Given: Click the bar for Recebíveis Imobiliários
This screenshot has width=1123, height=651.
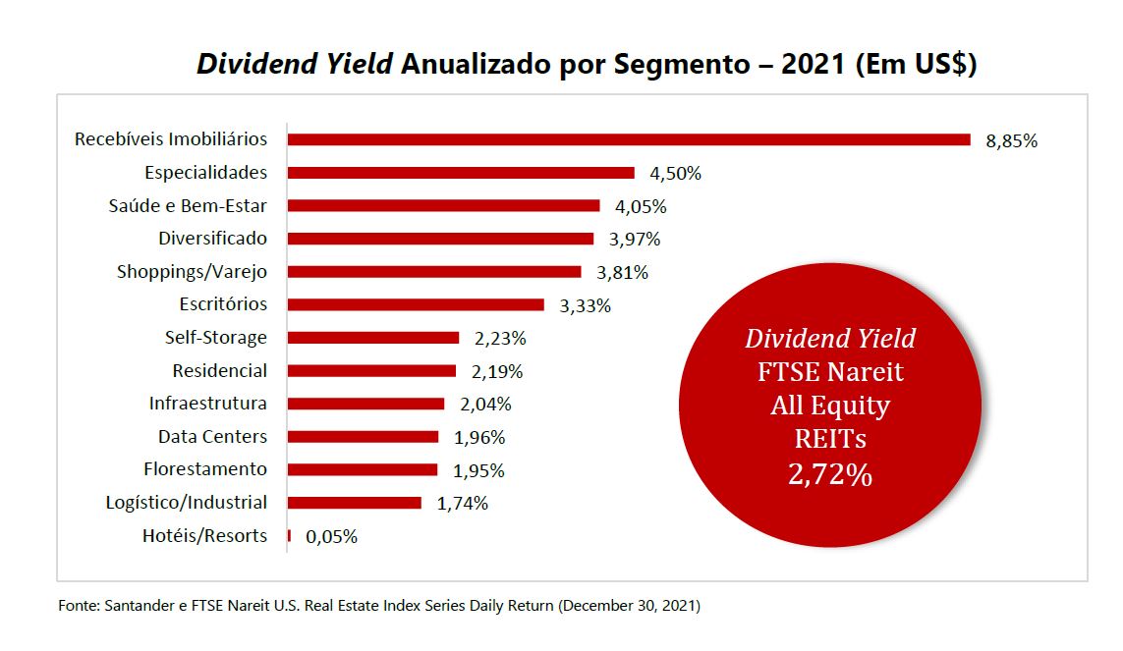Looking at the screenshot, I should click(629, 139).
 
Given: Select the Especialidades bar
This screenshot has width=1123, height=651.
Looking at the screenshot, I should click(461, 173).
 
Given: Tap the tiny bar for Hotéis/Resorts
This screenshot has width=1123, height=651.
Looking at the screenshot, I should click(289, 536).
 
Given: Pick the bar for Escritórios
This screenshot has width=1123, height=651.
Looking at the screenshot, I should click(416, 304).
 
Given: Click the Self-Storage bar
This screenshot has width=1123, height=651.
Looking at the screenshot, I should click(373, 338).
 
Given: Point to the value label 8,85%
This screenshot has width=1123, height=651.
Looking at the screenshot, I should click(1011, 140).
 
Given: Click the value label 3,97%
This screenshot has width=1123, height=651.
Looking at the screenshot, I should click(635, 239).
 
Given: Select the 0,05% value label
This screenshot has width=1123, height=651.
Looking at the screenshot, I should click(331, 537).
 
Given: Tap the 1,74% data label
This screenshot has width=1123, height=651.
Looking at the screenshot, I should click(462, 504).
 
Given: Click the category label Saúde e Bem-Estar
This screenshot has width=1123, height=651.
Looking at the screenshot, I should click(188, 205).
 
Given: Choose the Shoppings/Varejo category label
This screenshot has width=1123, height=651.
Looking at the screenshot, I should click(192, 271).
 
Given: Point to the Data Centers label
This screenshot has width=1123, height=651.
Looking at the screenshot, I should click(212, 436).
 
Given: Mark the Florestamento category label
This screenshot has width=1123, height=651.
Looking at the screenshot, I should click(205, 468).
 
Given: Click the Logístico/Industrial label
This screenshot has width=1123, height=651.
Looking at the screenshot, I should click(186, 502).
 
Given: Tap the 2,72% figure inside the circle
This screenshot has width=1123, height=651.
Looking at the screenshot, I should click(829, 475).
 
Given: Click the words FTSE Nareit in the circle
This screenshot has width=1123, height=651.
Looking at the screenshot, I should click(830, 372).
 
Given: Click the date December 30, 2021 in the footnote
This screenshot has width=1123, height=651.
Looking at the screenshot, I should click(629, 606).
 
